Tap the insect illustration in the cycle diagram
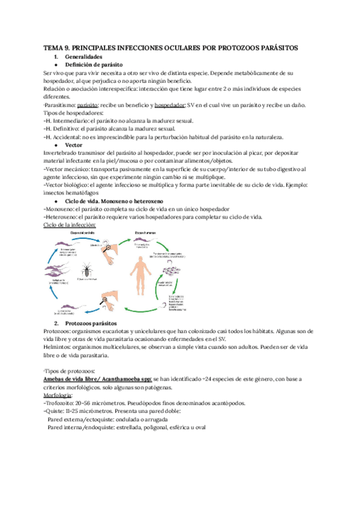pyautogui.click(x=88, y=268)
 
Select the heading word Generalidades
pyautogui.click(x=85, y=56)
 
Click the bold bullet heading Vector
pyautogui.click(x=74, y=145)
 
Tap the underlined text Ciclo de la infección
pyautogui.click(x=70, y=224)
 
